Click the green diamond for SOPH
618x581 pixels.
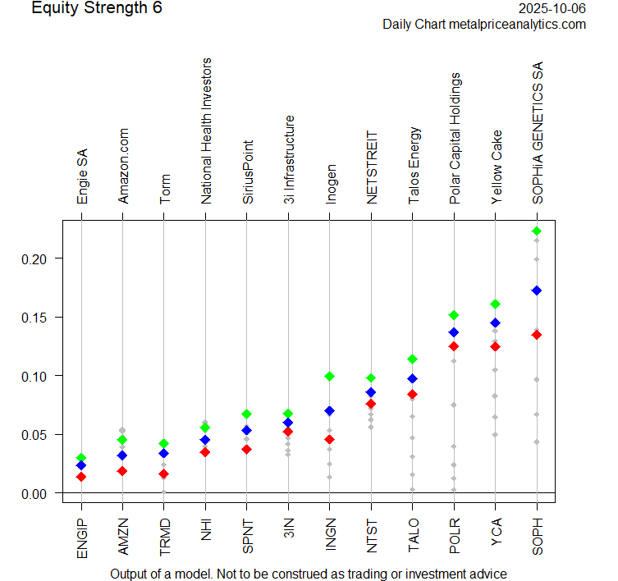coord(537,231)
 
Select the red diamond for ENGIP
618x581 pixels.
coord(81,477)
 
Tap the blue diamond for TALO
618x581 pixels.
coord(412,379)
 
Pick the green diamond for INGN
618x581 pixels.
coord(329,377)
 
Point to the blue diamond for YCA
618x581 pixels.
coord(495,323)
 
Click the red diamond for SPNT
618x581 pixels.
coord(246,450)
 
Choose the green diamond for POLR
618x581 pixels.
coord(454,315)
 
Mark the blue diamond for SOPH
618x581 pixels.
coord(537,290)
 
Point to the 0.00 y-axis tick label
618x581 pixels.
coord(38,493)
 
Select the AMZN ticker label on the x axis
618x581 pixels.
coord(123,538)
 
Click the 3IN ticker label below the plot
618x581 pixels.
coord(288,533)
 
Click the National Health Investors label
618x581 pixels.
coord(206,130)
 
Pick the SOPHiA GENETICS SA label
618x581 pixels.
coord(537,134)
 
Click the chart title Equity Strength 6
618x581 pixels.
coord(97,9)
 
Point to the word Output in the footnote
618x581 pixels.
coord(130,574)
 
